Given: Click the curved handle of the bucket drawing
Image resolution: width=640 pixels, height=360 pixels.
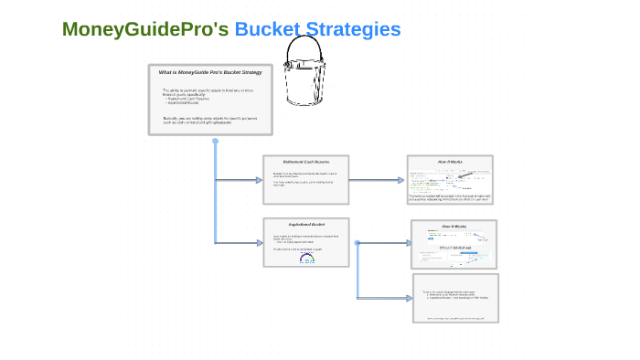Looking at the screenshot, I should [306, 48].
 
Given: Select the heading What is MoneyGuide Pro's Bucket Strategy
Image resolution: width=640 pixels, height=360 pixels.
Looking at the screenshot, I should [210, 72].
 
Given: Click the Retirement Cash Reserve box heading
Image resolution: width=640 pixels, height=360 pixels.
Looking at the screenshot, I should [305, 162].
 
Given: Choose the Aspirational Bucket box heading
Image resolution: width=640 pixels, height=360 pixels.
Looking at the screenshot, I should [305, 225].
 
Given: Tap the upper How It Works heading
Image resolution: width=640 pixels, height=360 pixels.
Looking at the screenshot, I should [450, 162].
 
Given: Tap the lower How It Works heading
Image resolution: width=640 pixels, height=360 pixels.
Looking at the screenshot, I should [454, 226].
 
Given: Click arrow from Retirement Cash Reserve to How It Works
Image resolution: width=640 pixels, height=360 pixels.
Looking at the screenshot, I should [377, 180].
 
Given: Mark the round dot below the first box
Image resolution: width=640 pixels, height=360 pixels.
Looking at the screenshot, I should [215, 142].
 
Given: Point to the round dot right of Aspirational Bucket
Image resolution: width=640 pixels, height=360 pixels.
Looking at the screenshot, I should [357, 243].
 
